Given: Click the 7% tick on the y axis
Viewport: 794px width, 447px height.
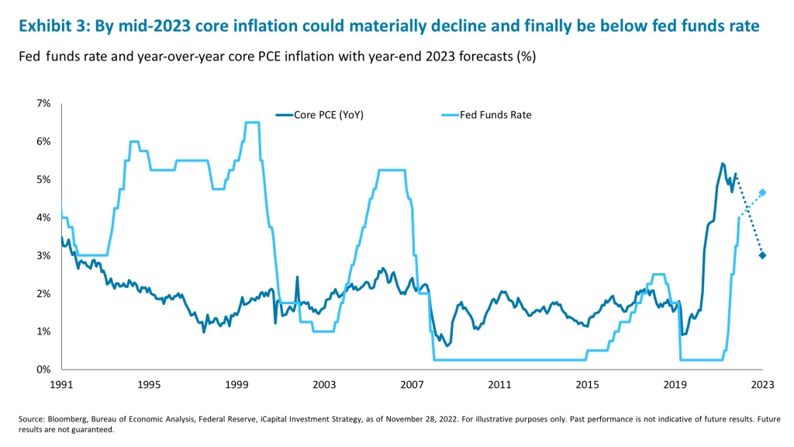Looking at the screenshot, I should pyautogui.click(x=44, y=103).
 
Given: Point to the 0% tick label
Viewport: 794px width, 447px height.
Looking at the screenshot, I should pyautogui.click(x=44, y=369).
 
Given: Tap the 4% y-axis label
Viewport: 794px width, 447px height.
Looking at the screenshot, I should pyautogui.click(x=44, y=217).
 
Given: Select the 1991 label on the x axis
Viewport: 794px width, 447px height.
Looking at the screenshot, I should pyautogui.click(x=61, y=384).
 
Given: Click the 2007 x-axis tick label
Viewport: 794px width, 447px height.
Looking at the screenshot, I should pyautogui.click(x=412, y=384).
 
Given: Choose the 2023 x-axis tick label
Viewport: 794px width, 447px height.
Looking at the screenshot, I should pyautogui.click(x=762, y=384).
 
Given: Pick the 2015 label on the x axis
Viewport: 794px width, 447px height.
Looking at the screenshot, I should pyautogui.click(x=587, y=384).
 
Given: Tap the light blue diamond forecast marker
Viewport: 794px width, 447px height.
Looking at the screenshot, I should pyautogui.click(x=762, y=192).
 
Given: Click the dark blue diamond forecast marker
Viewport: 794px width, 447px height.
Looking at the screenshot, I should pyautogui.click(x=762, y=255).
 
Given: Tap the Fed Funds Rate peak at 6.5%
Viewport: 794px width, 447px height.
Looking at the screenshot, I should pyautogui.click(x=252, y=122).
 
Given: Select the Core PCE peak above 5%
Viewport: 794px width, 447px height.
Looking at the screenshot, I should pyautogui.click(x=722, y=164).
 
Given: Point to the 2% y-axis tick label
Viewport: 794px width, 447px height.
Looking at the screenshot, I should pyautogui.click(x=44, y=293).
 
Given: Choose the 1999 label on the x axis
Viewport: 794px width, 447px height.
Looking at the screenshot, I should pyautogui.click(x=236, y=384).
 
